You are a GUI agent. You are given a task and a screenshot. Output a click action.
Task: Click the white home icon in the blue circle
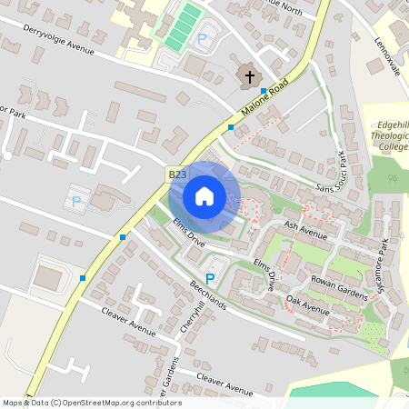click(x=204, y=196)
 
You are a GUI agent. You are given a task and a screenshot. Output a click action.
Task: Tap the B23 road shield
click(x=177, y=174)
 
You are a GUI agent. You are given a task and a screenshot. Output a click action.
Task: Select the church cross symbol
click(x=249, y=77)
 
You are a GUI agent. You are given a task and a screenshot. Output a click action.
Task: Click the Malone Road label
click(x=264, y=103)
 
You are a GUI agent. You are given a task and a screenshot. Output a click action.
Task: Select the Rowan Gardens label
click(x=339, y=288)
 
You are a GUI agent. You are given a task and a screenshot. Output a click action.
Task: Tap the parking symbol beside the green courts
click(x=203, y=39)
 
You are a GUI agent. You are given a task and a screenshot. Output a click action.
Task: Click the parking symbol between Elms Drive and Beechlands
click(x=211, y=279)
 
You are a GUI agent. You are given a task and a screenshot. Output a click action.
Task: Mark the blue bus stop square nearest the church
click(x=264, y=92)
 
